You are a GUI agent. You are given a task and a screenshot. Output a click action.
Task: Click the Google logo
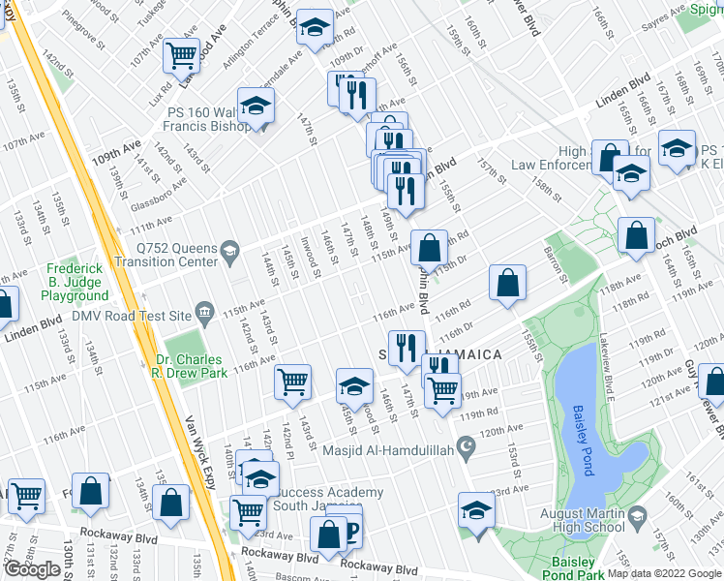(32, 569)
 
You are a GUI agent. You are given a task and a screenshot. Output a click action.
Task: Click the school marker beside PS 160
(256, 107)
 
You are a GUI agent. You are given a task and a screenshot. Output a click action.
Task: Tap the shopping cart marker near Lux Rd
(182, 54)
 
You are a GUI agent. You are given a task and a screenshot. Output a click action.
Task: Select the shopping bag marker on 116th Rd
(507, 284)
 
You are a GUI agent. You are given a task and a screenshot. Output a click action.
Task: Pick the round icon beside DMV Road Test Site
(204, 312)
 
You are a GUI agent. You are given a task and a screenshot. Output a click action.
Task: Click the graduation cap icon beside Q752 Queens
(229, 254)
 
